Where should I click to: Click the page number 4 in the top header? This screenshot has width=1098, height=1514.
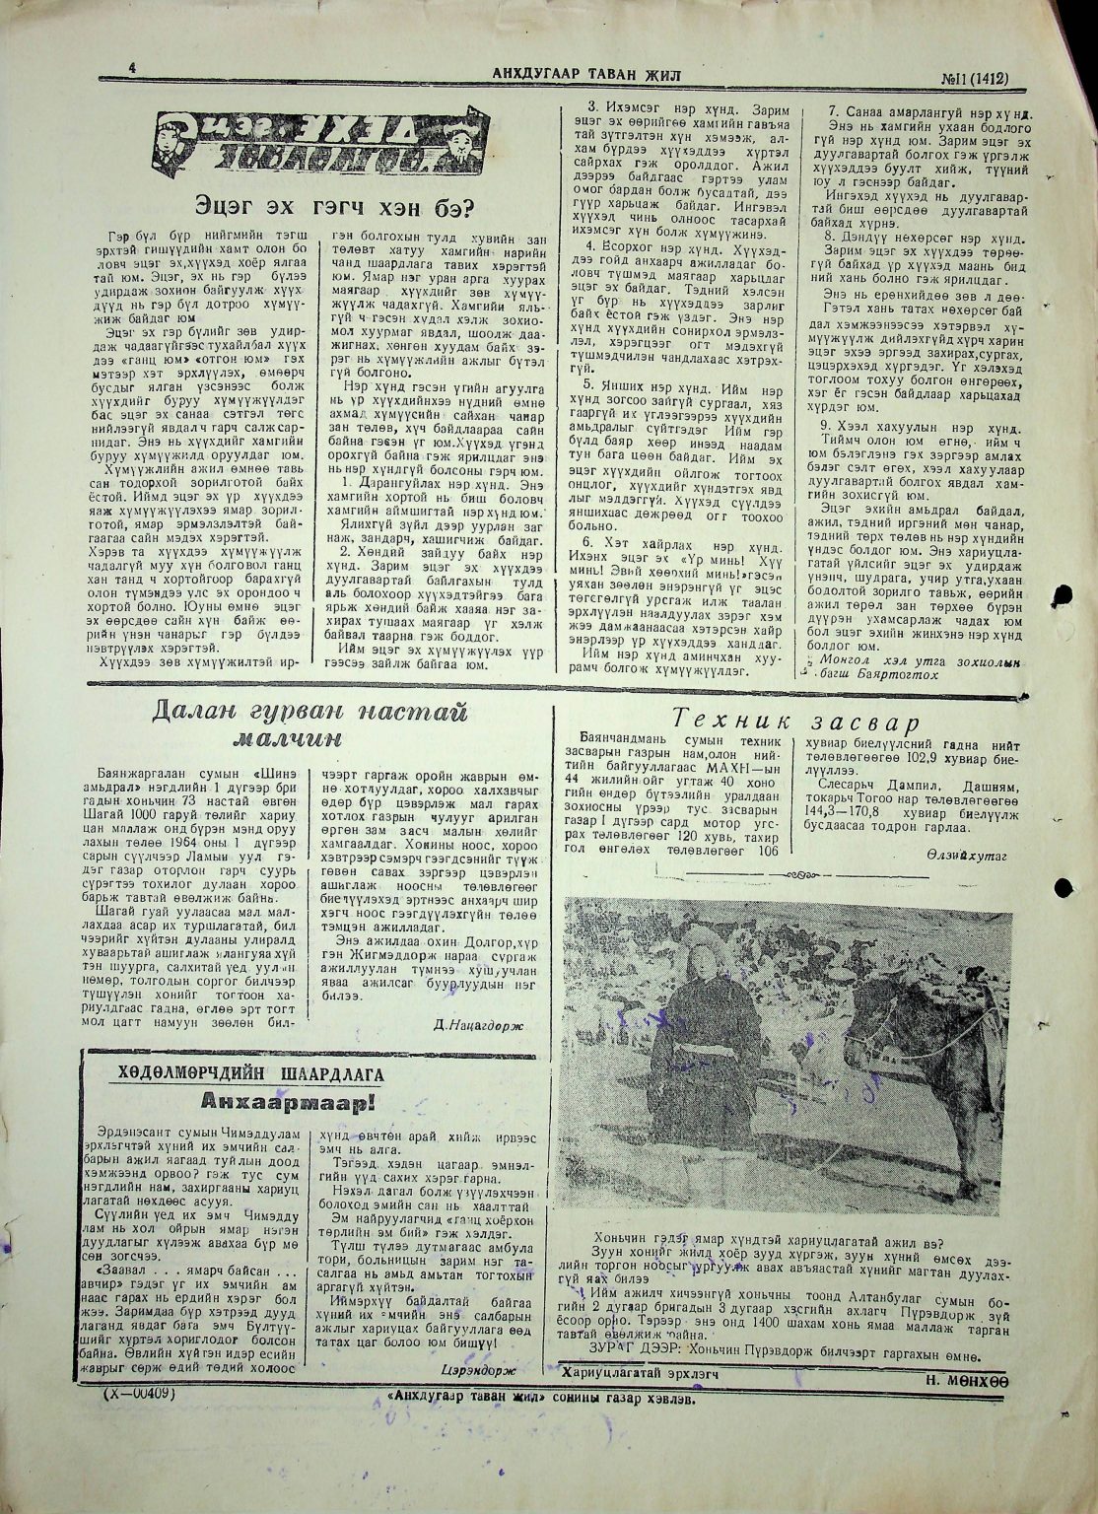(130, 68)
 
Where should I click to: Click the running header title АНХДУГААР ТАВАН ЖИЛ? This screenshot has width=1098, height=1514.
(586, 74)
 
